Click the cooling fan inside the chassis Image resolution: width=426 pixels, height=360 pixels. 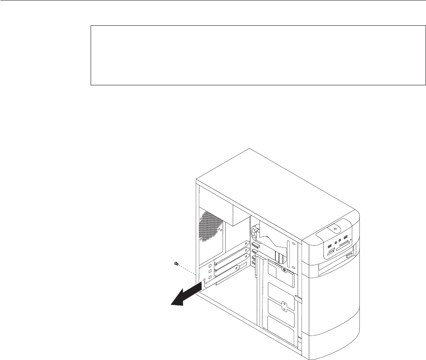pyautogui.click(x=256, y=233)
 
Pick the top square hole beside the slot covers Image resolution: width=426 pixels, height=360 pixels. pyautogui.click(x=210, y=269)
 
